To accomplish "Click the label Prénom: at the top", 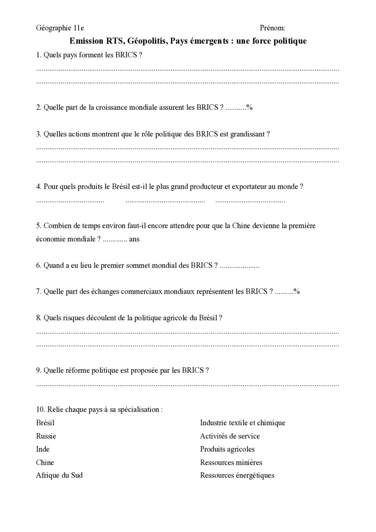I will click(x=272, y=28).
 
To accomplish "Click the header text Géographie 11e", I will click(x=60, y=28).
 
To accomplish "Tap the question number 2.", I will click(x=38, y=108).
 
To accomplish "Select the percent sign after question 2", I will click(x=250, y=108).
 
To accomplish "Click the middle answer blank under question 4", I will click(x=165, y=201).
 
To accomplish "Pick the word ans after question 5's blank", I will click(x=134, y=239).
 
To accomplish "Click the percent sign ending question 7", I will click(x=297, y=292).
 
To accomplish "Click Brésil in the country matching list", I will click(x=45, y=423).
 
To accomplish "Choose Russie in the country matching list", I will click(x=46, y=436).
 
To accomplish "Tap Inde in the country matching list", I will click(x=43, y=449).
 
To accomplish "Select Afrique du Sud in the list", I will click(x=59, y=475).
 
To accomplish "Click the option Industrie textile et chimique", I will click(x=243, y=423).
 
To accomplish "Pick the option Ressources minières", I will click(x=231, y=462).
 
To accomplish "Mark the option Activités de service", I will click(x=230, y=436).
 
